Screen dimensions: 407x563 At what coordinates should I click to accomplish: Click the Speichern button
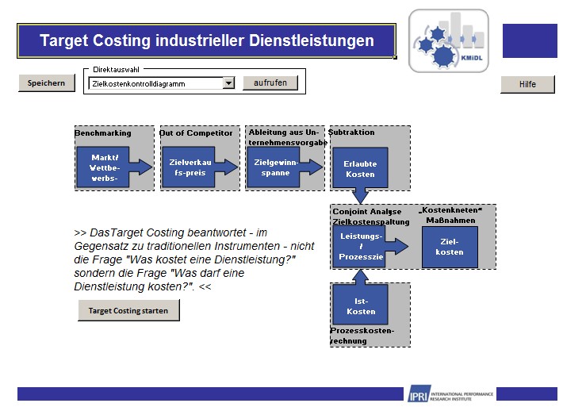[46, 83]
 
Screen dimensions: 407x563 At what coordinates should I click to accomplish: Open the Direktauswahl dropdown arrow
[228, 83]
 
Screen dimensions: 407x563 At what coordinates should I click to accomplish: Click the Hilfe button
[527, 84]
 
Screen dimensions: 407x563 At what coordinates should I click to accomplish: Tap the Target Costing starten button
[128, 311]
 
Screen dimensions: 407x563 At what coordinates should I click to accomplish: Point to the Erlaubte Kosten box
[359, 168]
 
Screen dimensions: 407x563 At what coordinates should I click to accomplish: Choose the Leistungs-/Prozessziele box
[358, 247]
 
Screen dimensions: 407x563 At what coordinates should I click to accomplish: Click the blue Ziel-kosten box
[450, 247]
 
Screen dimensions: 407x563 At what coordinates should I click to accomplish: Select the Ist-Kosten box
[360, 305]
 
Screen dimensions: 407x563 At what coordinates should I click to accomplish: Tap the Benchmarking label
[103, 132]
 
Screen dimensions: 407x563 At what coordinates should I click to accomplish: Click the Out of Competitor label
[196, 132]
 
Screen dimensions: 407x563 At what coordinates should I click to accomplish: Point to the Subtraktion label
[351, 132]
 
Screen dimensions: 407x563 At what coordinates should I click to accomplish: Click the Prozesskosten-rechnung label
[362, 336]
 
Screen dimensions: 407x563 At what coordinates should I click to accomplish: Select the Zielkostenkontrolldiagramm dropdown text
[154, 83]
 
